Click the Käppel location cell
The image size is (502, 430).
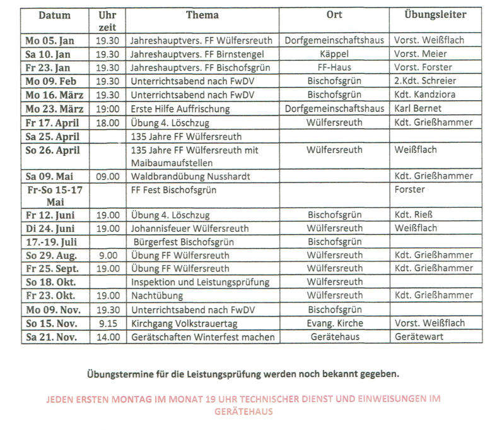pyautogui.click(x=334, y=54)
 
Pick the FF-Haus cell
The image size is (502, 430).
pyautogui.click(x=334, y=68)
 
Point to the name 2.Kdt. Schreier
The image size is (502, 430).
pyautogui.click(x=424, y=81)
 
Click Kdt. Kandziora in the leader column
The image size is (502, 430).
pyautogui.click(x=424, y=95)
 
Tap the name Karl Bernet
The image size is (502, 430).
pyautogui.click(x=417, y=108)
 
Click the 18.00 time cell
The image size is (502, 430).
pyautogui.click(x=108, y=122)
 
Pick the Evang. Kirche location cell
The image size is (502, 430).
pyautogui.click(x=334, y=323)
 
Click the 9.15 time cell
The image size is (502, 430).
pyautogui.click(x=108, y=323)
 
